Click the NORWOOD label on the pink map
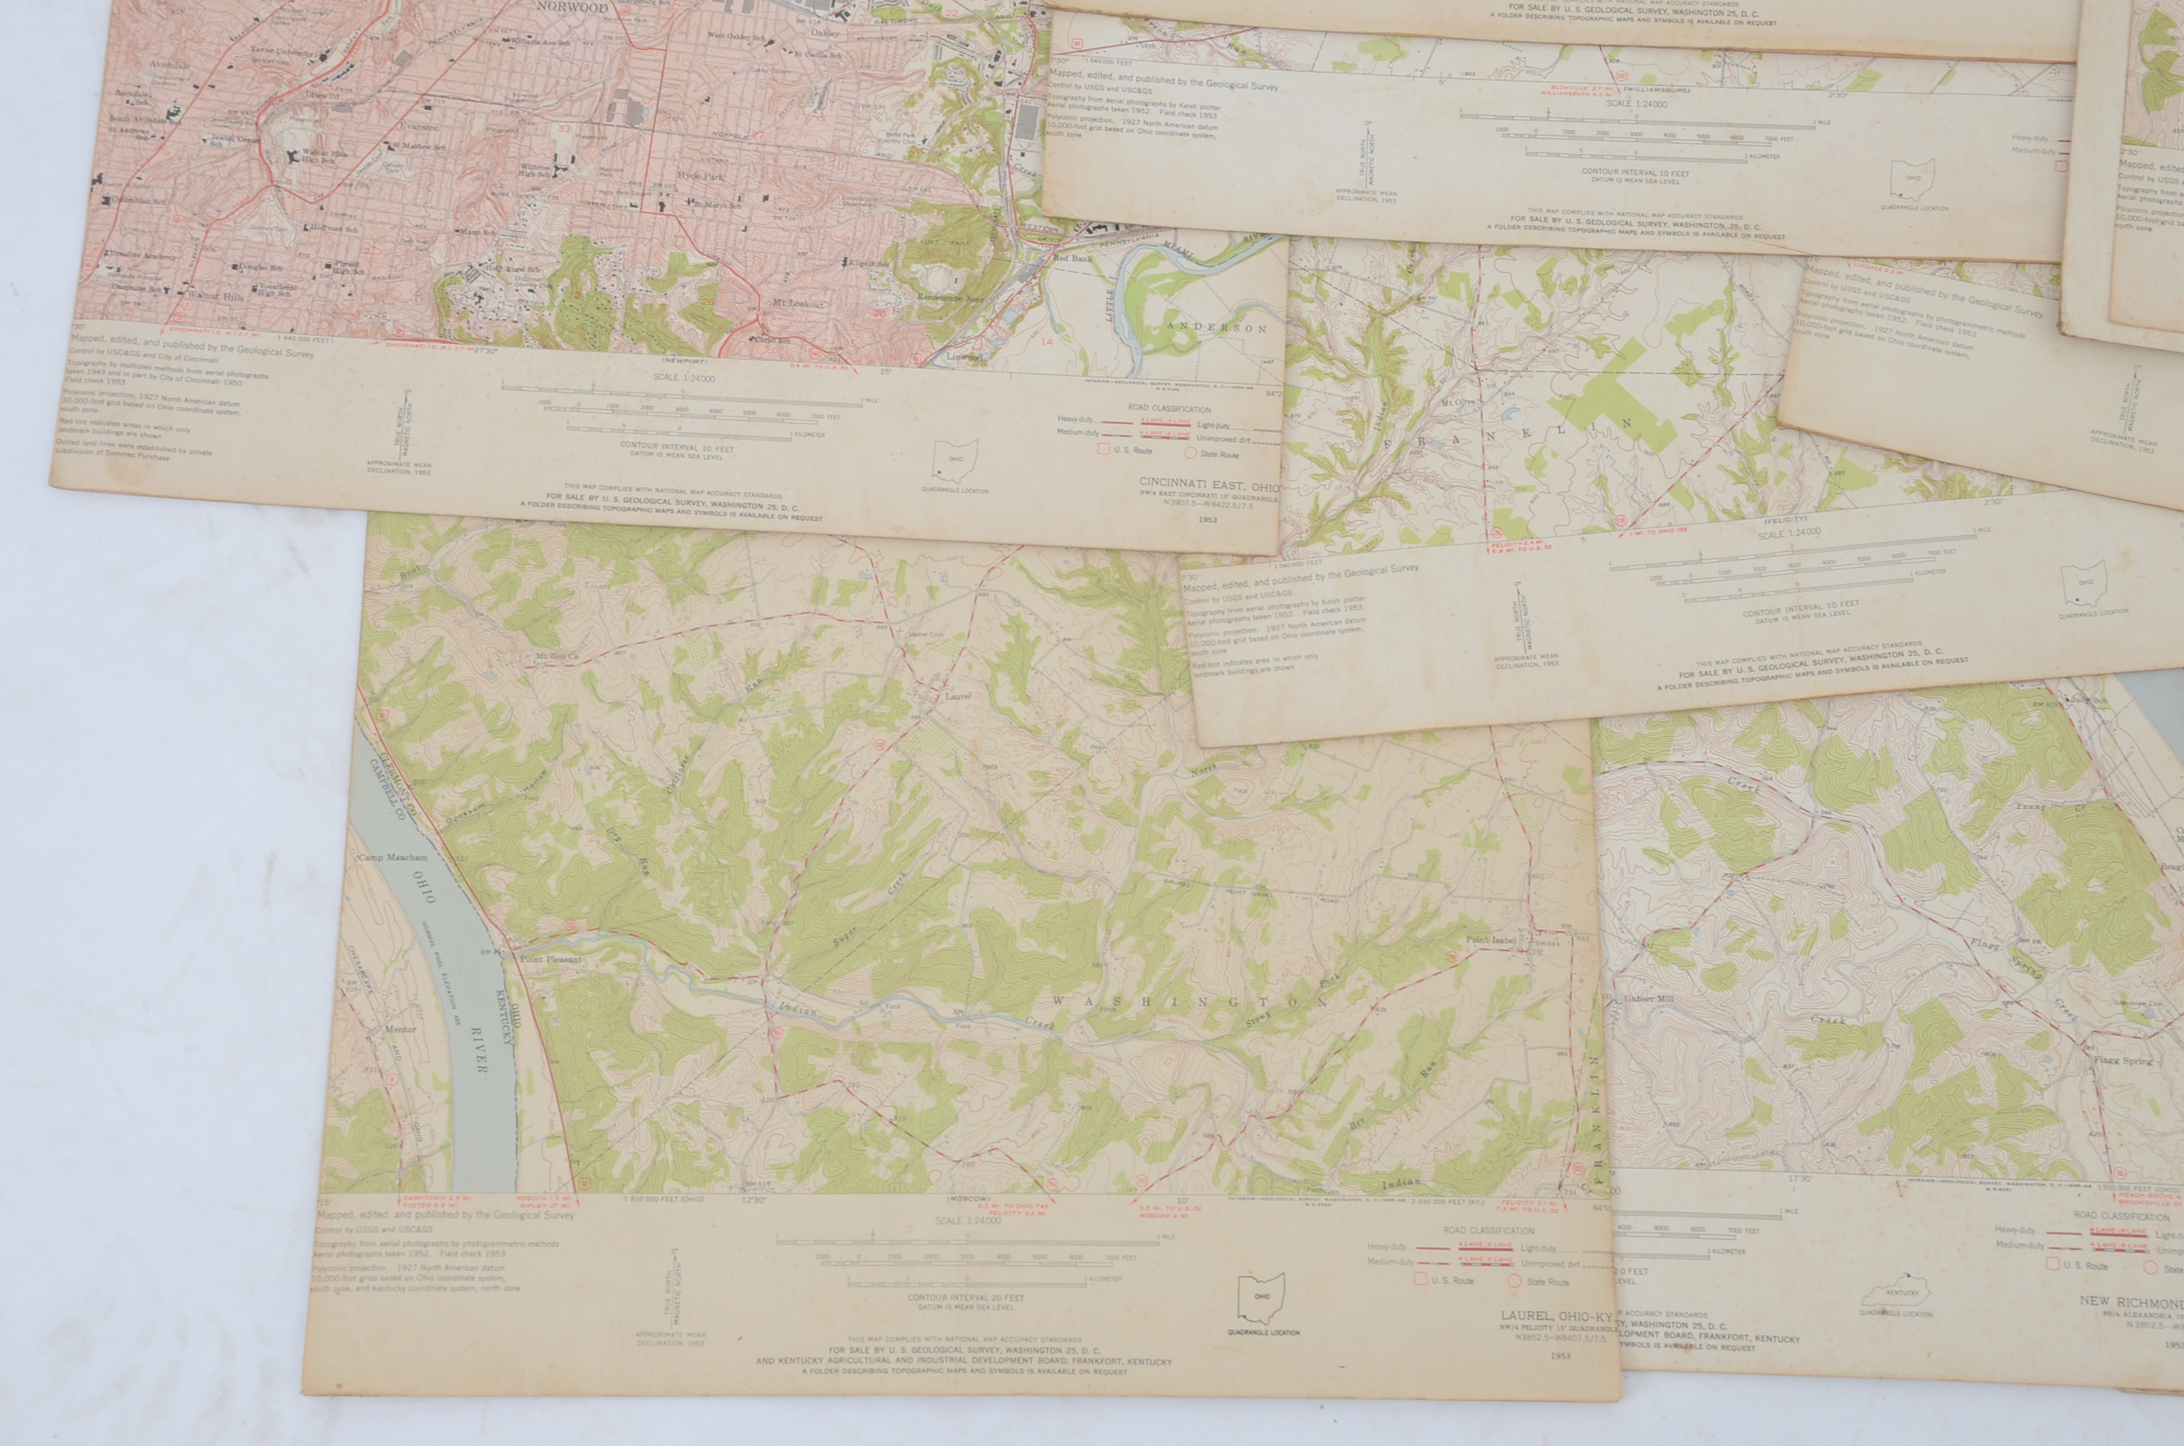(576, 7)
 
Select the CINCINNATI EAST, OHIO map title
(1209, 484)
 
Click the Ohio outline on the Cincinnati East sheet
(955, 459)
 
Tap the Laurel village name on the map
(957, 696)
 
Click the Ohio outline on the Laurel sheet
(1261, 1298)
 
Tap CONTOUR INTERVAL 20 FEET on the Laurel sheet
(965, 1297)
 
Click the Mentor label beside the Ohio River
(400, 1030)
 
